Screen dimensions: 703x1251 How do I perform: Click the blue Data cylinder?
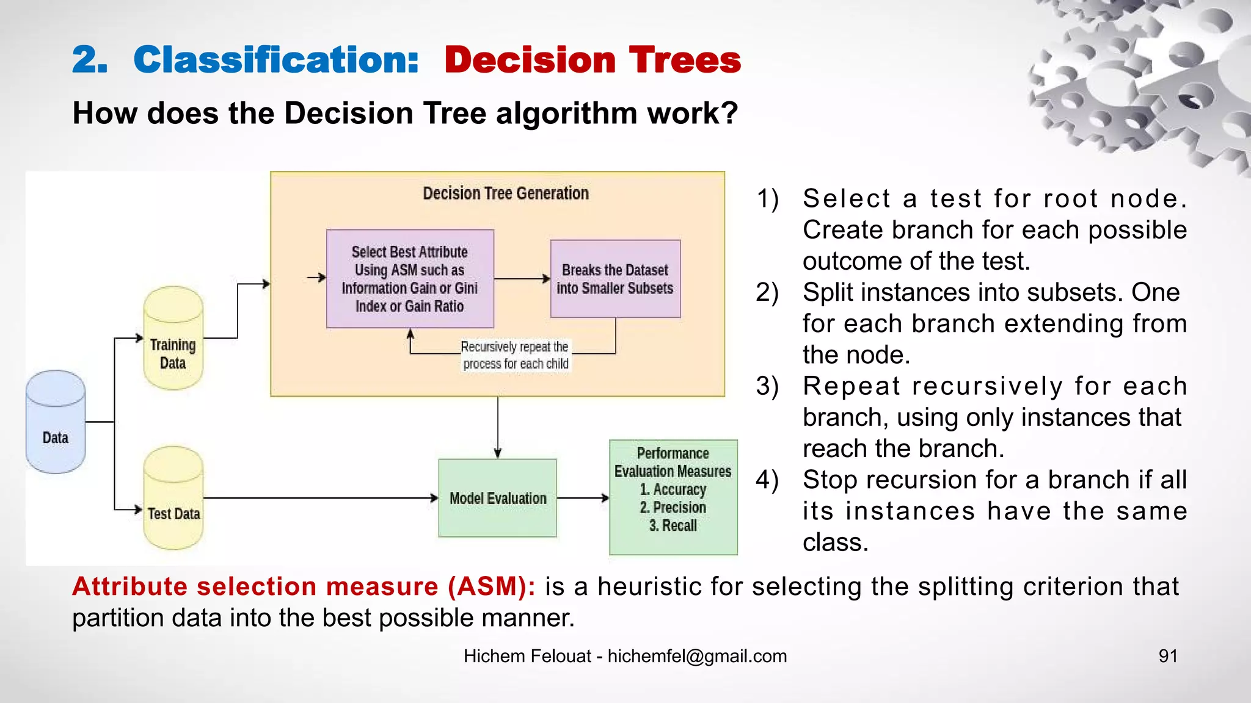(56, 422)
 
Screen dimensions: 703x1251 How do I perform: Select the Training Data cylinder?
(173, 338)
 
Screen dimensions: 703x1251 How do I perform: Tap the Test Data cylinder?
(173, 498)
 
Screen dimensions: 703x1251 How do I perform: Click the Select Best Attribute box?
(410, 279)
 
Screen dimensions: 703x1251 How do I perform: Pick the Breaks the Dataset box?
(615, 279)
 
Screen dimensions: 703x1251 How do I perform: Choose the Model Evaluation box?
(498, 498)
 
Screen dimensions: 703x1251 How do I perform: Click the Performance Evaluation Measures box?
(673, 497)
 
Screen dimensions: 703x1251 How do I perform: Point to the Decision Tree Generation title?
(506, 193)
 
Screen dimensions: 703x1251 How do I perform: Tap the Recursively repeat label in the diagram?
(516, 355)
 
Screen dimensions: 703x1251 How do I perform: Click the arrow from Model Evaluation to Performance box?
(583, 498)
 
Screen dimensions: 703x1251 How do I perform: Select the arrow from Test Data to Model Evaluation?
(320, 498)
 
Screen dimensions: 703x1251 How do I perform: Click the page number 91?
(1168, 656)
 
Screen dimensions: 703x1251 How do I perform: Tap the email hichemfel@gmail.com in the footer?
(697, 656)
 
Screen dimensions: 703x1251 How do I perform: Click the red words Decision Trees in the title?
(593, 60)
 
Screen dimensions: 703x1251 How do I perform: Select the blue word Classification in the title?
(276, 60)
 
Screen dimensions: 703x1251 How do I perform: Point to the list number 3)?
(767, 386)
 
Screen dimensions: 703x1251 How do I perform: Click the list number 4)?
(767, 480)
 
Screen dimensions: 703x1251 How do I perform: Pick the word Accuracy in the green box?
(679, 489)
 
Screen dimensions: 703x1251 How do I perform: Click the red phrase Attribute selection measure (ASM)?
(304, 586)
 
